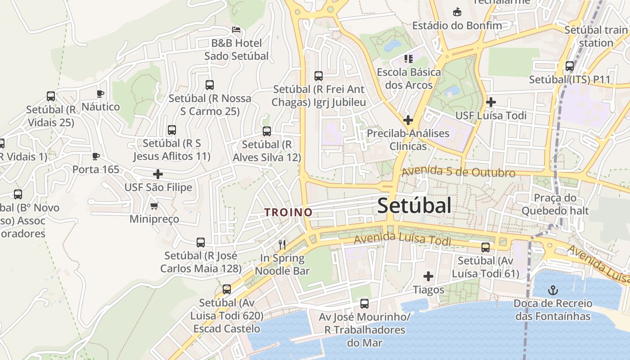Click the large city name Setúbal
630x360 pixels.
(x=414, y=206)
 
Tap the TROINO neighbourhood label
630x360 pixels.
(x=288, y=212)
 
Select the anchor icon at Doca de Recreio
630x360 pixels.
(x=553, y=290)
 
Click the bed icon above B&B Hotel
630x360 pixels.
(x=236, y=30)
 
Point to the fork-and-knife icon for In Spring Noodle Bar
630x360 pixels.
(x=282, y=244)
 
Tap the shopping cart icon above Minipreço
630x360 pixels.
(x=154, y=206)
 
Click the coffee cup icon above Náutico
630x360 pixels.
(x=100, y=94)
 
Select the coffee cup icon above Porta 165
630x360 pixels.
(x=95, y=156)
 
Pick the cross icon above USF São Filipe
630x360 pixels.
(x=158, y=174)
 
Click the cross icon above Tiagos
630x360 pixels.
(x=428, y=276)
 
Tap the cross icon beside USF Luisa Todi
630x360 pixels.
(x=491, y=102)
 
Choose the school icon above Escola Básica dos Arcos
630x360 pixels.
(x=409, y=58)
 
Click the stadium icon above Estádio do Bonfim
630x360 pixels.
(x=457, y=11)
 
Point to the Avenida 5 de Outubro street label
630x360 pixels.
(x=459, y=172)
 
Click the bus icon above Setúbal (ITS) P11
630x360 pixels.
(x=570, y=66)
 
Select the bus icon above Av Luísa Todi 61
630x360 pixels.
(x=486, y=247)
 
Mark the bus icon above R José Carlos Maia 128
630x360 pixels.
(x=201, y=243)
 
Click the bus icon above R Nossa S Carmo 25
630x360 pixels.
(x=209, y=85)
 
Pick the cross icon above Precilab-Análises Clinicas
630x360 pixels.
(x=408, y=120)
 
